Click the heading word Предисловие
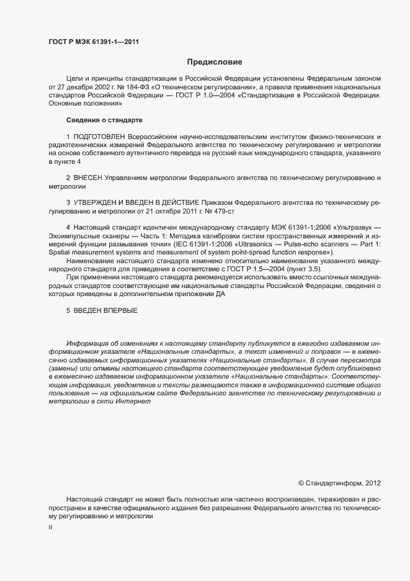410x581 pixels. [215, 62]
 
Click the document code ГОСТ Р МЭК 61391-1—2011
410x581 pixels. [93, 42]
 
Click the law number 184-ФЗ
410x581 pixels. [136, 89]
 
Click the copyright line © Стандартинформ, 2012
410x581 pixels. [339, 482]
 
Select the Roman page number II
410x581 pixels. [51, 527]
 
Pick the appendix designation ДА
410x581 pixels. [220, 294]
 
